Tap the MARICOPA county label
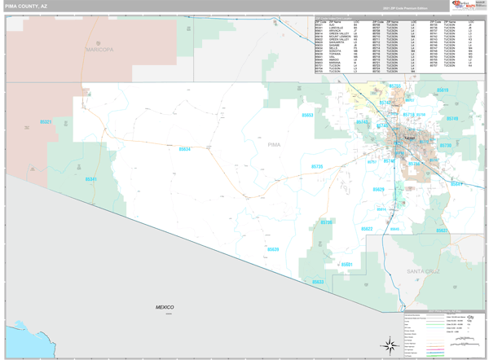pos(99,50)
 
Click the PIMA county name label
pos(274,144)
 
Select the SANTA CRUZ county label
pos(424,269)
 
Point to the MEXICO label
pos(165,307)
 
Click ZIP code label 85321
pos(46,122)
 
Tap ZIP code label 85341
pos(90,179)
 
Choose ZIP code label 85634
pos(184,149)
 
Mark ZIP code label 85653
pos(307,115)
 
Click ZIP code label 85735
pos(317,166)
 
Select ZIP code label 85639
pos(272,249)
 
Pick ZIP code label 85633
pos(317,282)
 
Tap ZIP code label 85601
pos(346,265)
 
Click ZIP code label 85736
pos(326,222)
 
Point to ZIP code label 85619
pos(443,90)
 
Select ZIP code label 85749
pos(452,119)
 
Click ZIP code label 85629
pos(378,189)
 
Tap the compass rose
pos(390,345)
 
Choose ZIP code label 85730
pos(445,146)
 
